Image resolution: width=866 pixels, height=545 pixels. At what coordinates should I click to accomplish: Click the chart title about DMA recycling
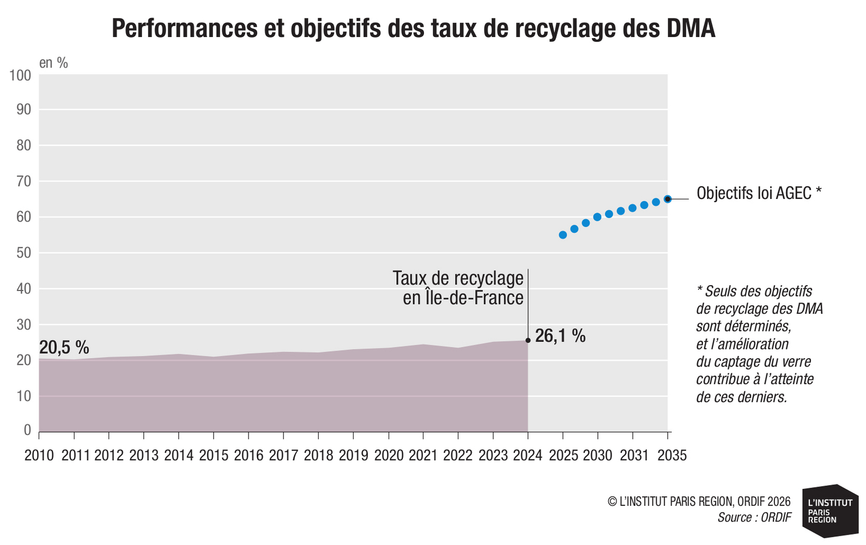tap(413, 28)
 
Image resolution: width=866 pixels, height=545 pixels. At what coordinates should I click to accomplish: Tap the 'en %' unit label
tap(53, 63)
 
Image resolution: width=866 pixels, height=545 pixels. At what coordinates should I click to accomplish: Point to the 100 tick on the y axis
tap(20, 75)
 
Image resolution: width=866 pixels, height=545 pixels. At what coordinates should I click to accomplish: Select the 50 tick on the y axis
tap(23, 253)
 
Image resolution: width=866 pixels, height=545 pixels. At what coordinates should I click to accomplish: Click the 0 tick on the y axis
tap(27, 430)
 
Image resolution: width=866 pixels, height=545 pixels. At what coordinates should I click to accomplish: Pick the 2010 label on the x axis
tap(39, 456)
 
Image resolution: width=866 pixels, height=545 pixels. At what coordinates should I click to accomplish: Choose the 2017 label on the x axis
tap(283, 456)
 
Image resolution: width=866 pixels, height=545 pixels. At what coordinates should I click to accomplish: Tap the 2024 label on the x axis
tap(528, 456)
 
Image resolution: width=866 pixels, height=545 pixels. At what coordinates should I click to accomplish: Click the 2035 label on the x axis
tap(672, 456)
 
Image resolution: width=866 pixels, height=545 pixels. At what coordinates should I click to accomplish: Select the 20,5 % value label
tap(64, 348)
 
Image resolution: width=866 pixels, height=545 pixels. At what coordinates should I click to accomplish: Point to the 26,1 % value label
tap(560, 336)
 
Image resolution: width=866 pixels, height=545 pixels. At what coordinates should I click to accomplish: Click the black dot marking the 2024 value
tap(528, 341)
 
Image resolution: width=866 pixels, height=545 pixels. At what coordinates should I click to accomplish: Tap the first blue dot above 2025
tap(563, 235)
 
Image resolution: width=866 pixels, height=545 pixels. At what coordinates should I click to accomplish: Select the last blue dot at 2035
tap(668, 199)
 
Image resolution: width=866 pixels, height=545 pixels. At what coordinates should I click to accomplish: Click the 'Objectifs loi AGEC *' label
tap(759, 193)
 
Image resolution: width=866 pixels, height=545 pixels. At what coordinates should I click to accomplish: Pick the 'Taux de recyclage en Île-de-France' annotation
tap(458, 288)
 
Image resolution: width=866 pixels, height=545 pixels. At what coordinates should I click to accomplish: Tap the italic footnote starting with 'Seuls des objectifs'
tap(759, 344)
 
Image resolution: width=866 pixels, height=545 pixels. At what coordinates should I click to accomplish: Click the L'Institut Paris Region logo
tap(830, 511)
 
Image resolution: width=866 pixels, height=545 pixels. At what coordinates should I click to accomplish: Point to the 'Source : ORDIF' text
tap(754, 517)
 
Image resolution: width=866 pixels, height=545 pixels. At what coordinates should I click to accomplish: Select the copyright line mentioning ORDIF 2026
tap(699, 501)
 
